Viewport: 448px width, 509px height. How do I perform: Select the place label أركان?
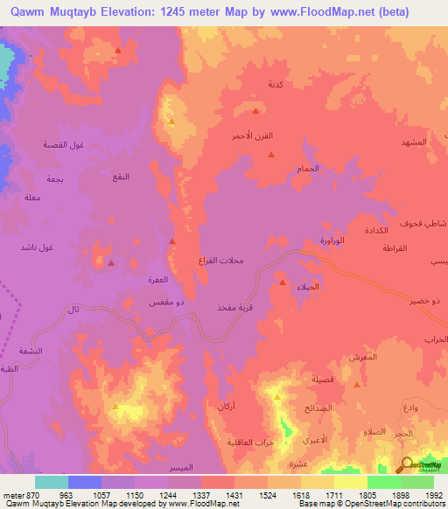(224, 408)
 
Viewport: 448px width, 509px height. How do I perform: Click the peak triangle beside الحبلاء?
(282, 282)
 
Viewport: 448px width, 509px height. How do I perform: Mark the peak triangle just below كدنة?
(255, 111)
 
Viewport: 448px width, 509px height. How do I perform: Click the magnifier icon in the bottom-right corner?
(407, 465)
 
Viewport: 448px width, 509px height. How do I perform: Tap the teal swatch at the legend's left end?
(51, 482)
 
